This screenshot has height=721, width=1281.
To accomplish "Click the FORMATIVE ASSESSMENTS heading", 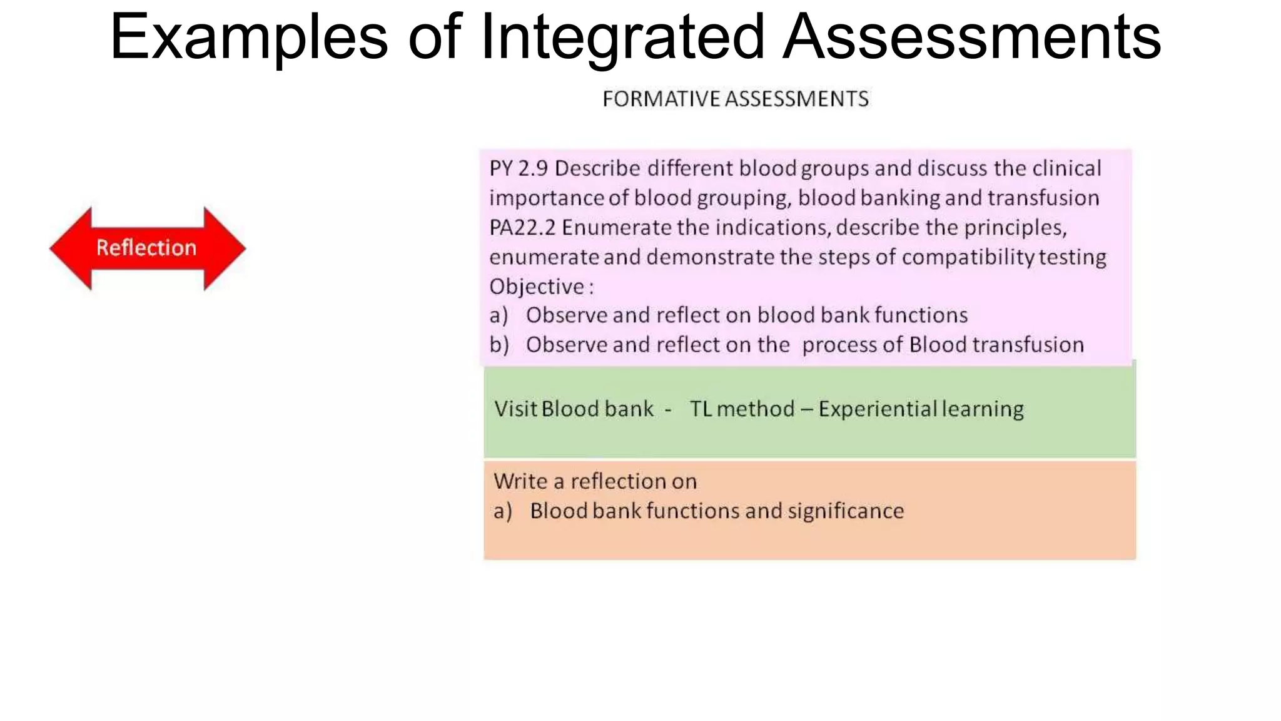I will click(736, 99).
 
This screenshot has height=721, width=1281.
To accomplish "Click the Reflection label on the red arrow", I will click(146, 248).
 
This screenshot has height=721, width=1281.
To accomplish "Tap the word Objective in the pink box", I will click(537, 287).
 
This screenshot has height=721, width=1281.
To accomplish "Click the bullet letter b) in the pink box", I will click(499, 345).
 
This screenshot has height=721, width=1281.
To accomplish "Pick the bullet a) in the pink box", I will click(499, 315).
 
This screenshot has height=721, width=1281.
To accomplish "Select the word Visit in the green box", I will click(515, 409).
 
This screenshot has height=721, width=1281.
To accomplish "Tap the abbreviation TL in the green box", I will click(701, 409).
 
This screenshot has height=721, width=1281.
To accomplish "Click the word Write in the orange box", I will click(520, 481).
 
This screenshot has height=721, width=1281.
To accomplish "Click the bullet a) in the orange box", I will click(502, 511).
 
